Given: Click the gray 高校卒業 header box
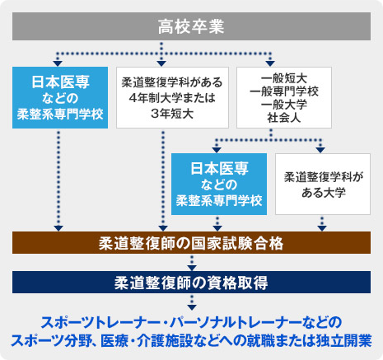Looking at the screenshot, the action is pyautogui.click(x=191, y=26).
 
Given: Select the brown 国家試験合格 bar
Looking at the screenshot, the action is pyautogui.click(x=191, y=243).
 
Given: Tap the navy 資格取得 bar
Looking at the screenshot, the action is pyautogui.click(x=191, y=283).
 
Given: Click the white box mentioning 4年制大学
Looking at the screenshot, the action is pyautogui.click(x=172, y=97).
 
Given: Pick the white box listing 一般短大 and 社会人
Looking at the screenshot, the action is pyautogui.click(x=284, y=97).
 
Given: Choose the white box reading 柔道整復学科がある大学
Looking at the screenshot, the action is pyautogui.click(x=323, y=184).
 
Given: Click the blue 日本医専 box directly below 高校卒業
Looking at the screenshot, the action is pyautogui.click(x=60, y=97).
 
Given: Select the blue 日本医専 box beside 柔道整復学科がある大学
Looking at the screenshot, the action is pyautogui.click(x=219, y=184).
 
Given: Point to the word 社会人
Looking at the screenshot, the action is pyautogui.click(x=284, y=118).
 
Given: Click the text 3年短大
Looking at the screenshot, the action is pyautogui.click(x=172, y=114).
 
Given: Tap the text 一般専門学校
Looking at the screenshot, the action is pyautogui.click(x=284, y=91).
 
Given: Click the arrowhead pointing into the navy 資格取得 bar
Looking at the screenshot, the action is pyautogui.click(x=192, y=268).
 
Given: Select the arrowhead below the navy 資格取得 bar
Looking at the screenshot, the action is pyautogui.click(x=192, y=307).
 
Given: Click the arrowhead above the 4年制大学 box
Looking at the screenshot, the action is pyautogui.click(x=161, y=63).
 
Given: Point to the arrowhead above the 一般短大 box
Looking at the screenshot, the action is pyautogui.click(x=270, y=63).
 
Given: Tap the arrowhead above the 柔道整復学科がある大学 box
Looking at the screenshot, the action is pyautogui.click(x=320, y=150).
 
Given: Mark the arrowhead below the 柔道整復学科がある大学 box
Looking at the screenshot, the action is pyautogui.click(x=322, y=228).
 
